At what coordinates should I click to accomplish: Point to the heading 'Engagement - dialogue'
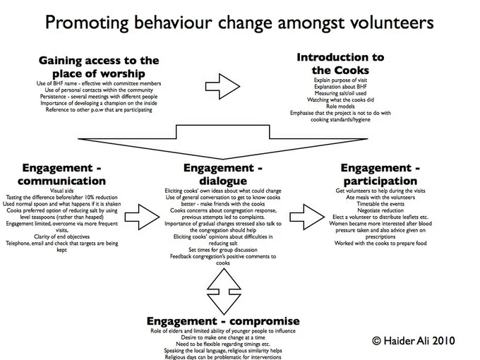click(x=224, y=174)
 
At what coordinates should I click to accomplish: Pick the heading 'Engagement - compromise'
click(x=224, y=321)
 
